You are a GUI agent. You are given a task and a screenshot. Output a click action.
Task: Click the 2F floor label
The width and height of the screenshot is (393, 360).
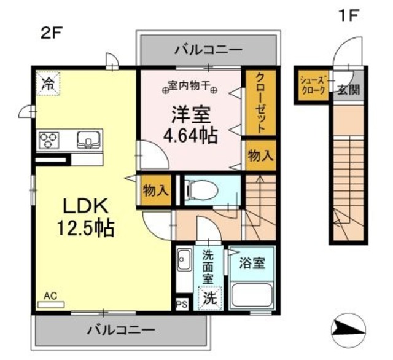[51, 33]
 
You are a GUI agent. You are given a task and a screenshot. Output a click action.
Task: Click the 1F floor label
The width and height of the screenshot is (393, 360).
[348, 15]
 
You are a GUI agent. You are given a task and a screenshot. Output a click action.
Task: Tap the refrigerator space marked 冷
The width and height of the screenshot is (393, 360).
[48, 84]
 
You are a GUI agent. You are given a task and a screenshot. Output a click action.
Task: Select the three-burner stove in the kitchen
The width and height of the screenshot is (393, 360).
[49, 140]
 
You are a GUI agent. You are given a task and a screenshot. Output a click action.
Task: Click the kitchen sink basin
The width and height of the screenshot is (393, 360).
[88, 140]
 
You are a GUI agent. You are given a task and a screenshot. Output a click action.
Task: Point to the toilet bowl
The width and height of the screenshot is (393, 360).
[201, 190]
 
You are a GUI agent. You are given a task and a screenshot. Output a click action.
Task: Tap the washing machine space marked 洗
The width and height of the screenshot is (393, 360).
[210, 298]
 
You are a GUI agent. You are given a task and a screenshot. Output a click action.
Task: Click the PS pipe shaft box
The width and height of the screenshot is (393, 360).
[182, 305]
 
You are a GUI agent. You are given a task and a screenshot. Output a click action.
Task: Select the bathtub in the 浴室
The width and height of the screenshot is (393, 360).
[251, 294]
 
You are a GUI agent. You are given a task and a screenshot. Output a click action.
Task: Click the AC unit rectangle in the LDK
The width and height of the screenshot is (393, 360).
[51, 305]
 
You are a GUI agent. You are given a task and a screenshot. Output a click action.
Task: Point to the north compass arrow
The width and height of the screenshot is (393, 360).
[348, 330]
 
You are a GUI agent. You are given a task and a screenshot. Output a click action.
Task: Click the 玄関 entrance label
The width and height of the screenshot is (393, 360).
[348, 90]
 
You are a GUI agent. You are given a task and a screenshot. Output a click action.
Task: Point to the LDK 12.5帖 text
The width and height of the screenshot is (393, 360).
[86, 217]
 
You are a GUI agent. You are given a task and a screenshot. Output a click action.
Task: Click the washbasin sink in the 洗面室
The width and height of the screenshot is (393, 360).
[184, 260]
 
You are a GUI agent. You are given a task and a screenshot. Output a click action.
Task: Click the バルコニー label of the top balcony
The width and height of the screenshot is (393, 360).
[209, 50]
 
